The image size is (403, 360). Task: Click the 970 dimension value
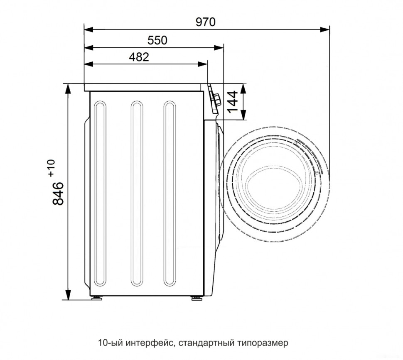click(x=206, y=22)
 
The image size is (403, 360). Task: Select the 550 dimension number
click(x=157, y=40)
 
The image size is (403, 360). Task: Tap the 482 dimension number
click(x=138, y=57)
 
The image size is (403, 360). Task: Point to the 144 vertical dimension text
click(x=233, y=101)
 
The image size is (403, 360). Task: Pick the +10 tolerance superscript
click(x=51, y=168)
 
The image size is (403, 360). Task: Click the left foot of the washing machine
click(x=97, y=297)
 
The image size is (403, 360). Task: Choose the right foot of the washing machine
click(x=194, y=297)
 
